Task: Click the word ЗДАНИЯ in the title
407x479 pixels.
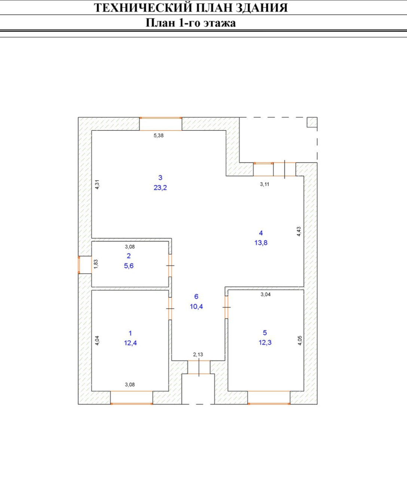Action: click(x=262, y=7)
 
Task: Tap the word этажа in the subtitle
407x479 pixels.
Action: click(x=219, y=23)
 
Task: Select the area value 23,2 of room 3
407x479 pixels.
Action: click(x=160, y=188)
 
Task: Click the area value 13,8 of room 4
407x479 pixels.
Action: click(x=261, y=243)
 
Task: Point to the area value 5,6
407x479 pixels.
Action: click(x=129, y=266)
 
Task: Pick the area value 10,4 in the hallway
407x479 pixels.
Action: click(x=196, y=307)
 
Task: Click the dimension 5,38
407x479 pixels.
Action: click(x=159, y=135)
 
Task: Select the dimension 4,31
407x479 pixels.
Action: click(x=97, y=185)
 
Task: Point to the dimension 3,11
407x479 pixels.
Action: click(x=264, y=184)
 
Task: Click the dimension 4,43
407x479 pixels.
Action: click(x=299, y=232)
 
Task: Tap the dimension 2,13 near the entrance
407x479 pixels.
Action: click(x=198, y=354)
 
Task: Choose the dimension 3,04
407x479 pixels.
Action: click(x=265, y=295)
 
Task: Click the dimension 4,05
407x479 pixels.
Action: click(x=300, y=340)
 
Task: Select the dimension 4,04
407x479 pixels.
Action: click(x=97, y=340)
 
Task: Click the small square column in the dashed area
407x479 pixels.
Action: click(x=312, y=122)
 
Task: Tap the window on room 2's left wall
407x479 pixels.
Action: click(x=79, y=265)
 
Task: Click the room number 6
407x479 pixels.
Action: click(x=196, y=297)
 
